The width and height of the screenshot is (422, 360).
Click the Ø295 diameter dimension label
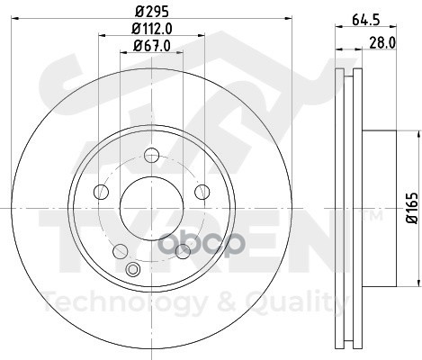152,12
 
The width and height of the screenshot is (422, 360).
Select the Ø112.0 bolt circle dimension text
152,29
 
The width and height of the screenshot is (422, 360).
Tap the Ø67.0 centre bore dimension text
152,46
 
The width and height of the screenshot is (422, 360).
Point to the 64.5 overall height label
366,20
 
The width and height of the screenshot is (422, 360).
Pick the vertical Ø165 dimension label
412,208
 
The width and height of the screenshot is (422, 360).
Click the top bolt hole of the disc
151,155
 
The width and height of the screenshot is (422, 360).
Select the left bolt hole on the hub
101,192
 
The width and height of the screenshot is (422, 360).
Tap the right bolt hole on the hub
202,192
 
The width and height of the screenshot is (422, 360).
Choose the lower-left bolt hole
121,251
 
